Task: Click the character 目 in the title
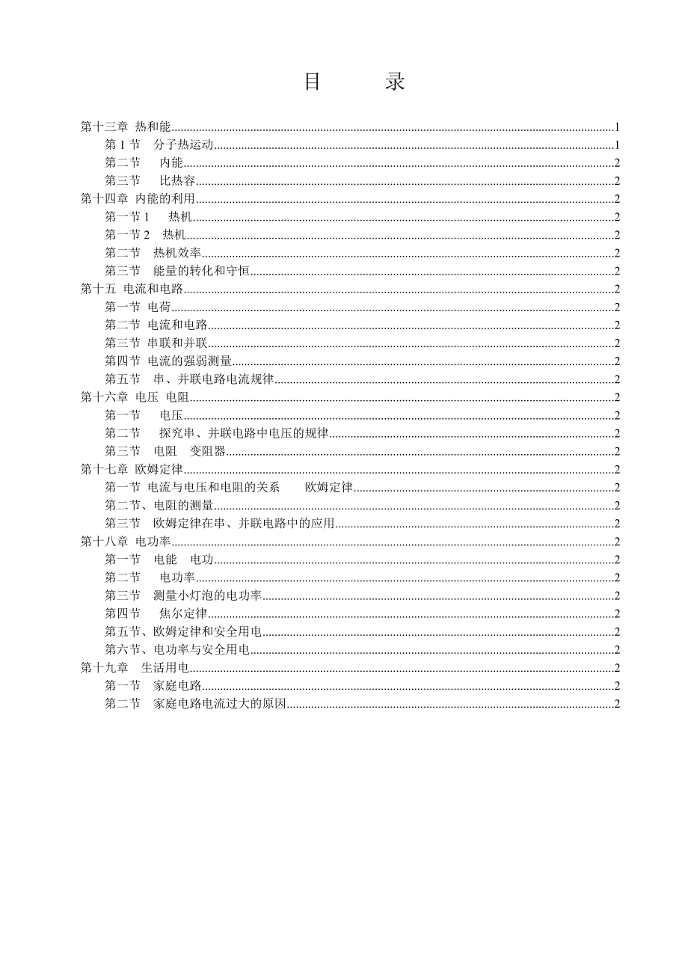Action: [x=313, y=82]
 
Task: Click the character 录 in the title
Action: [x=396, y=82]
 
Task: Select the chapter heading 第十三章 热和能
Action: [x=126, y=126]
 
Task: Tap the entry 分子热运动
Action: [x=183, y=144]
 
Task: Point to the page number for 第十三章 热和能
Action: [x=617, y=126]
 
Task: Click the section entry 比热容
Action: [x=177, y=180]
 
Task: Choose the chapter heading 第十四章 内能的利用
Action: [x=138, y=198]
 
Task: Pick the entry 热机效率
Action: [x=177, y=253]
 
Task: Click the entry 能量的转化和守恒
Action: [x=201, y=271]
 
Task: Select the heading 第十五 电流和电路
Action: [x=132, y=289]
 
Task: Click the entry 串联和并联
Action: [x=177, y=343]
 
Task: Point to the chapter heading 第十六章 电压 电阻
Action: [x=135, y=397]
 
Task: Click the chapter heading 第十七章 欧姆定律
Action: [x=132, y=469]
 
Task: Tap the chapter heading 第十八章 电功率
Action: [x=126, y=542]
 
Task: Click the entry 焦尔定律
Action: [x=183, y=613]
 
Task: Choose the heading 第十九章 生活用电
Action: [x=135, y=668]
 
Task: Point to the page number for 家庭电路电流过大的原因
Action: [x=617, y=704]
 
